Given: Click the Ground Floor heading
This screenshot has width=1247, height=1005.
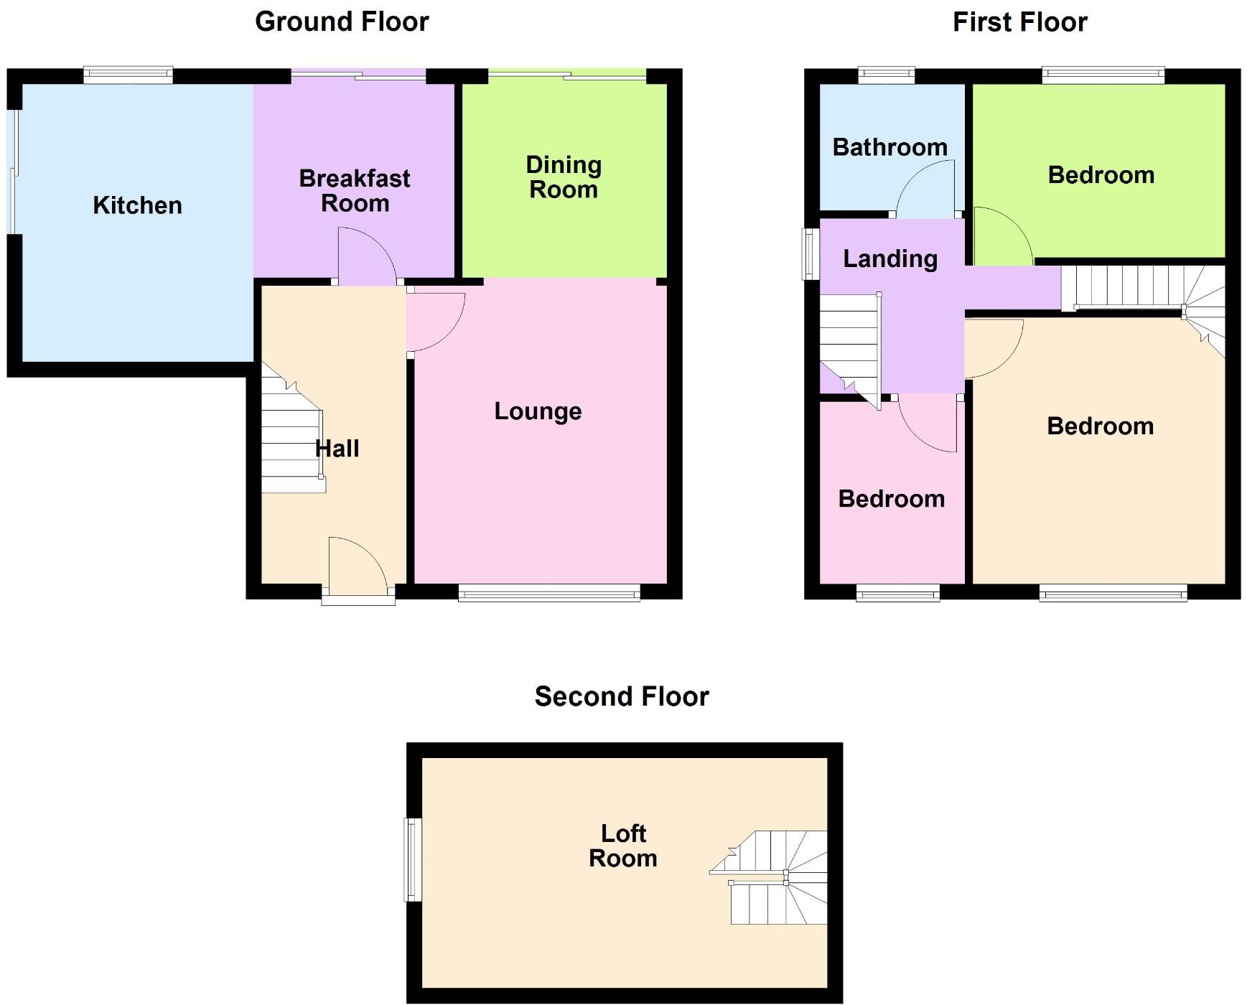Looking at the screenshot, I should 342,22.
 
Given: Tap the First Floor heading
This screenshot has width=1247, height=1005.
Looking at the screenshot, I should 1019,22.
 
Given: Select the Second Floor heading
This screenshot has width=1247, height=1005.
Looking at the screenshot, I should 622,696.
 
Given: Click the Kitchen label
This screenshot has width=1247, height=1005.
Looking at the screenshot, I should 137,205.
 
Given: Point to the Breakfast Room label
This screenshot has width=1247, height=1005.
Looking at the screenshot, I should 355,190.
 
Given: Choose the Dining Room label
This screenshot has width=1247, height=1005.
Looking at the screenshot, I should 564,177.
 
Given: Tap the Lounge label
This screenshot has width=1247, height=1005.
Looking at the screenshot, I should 538,411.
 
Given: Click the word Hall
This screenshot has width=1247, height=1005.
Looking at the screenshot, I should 337,449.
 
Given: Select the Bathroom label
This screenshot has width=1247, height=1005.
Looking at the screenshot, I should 890,147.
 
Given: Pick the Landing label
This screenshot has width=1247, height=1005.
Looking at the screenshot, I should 890,258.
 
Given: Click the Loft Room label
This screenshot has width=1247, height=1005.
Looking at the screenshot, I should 623,846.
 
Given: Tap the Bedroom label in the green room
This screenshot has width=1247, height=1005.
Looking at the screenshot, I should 1101,175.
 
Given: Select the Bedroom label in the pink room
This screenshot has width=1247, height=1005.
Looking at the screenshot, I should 891,499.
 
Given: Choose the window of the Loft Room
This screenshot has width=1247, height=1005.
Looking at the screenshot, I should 413,859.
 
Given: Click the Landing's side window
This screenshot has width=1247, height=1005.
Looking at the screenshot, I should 811,253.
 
